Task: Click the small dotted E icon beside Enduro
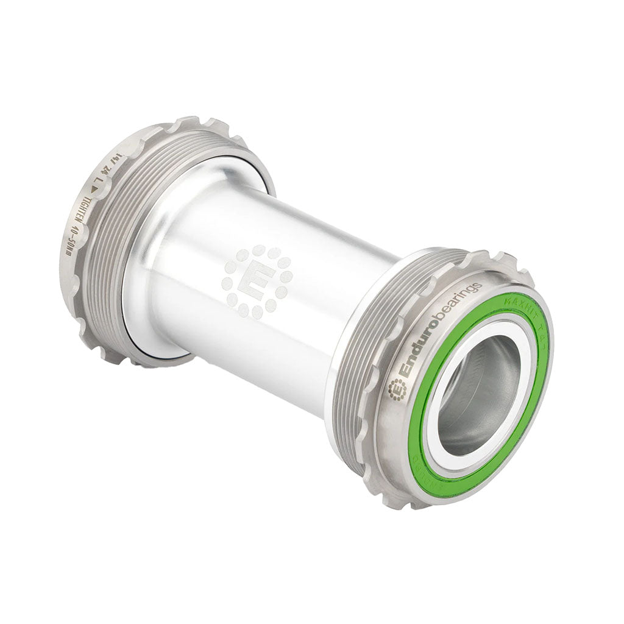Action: [397, 389]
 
